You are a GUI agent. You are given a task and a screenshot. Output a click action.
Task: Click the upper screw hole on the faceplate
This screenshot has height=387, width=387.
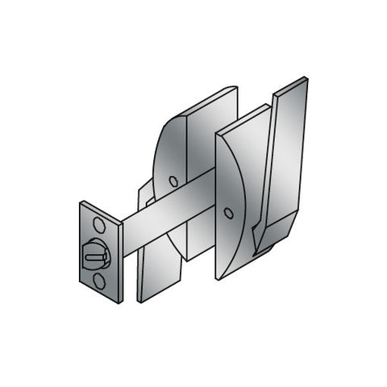98,223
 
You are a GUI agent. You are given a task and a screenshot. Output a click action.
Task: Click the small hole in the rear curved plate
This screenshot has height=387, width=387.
173,181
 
